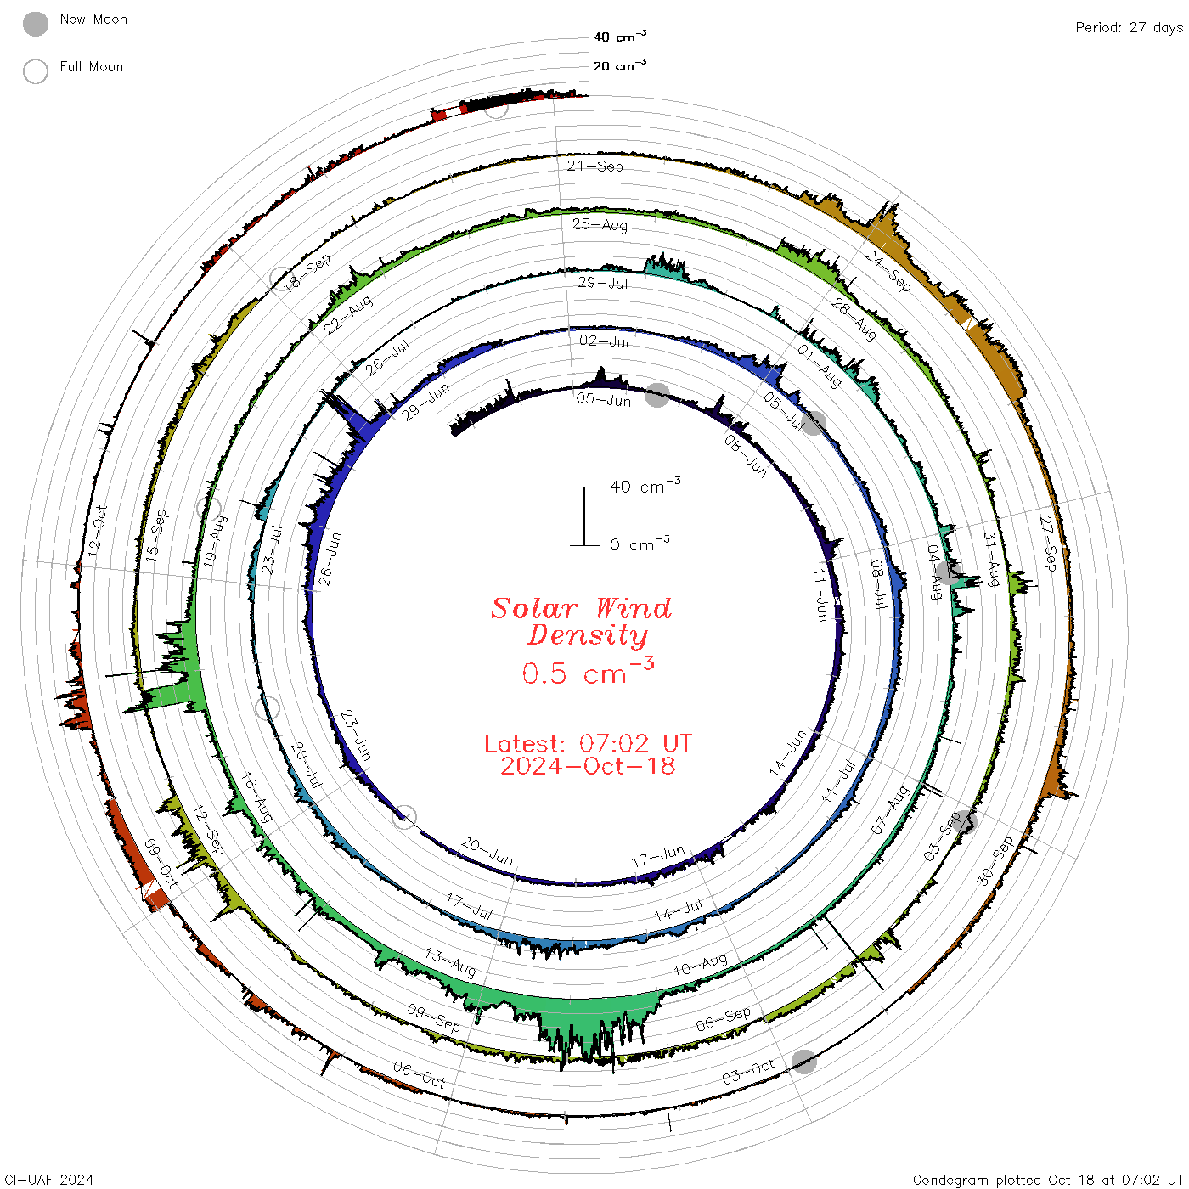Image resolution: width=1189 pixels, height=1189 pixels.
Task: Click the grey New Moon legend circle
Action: pyautogui.click(x=35, y=24)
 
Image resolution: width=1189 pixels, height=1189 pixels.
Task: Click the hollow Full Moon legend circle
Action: pyautogui.click(x=35, y=71)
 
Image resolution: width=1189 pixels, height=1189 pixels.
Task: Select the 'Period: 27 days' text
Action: pyautogui.click(x=1129, y=28)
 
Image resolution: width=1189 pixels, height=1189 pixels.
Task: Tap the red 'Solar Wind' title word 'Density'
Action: pyautogui.click(x=588, y=635)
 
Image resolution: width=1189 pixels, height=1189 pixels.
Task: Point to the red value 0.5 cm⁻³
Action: pyautogui.click(x=588, y=672)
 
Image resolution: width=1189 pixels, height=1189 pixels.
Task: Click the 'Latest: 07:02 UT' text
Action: pyautogui.click(x=588, y=743)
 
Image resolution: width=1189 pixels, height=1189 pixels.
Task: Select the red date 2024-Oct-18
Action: pyautogui.click(x=588, y=766)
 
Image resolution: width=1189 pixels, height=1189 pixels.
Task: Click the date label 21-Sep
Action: pyautogui.click(x=594, y=166)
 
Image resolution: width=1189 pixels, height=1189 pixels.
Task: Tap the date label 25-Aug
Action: pyautogui.click(x=599, y=224)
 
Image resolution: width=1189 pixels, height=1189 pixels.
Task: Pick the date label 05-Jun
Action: pyautogui.click(x=604, y=399)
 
